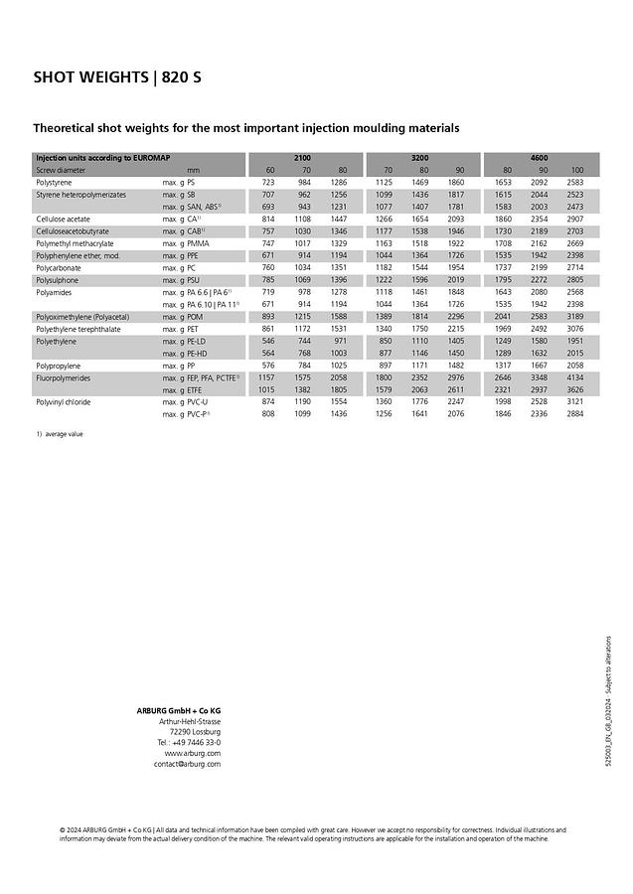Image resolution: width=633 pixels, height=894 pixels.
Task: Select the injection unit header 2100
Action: tap(302, 158)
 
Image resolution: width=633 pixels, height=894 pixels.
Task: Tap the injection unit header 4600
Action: tap(539, 158)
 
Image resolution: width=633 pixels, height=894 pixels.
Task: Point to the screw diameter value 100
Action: tap(576, 171)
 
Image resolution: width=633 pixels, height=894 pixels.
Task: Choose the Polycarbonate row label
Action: tap(59, 268)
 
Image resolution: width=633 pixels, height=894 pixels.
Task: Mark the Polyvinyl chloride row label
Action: tap(65, 401)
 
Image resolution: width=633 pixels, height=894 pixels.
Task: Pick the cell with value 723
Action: tap(268, 183)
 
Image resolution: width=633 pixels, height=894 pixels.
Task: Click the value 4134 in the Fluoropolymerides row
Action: tap(574, 377)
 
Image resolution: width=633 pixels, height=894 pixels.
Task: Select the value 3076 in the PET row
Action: tap(574, 329)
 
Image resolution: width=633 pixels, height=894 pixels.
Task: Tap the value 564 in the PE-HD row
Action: tap(268, 353)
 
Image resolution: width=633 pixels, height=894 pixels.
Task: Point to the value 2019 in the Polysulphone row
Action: tap(455, 280)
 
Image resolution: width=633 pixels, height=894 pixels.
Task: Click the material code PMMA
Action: tap(199, 243)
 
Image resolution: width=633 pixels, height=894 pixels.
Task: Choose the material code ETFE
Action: tap(197, 389)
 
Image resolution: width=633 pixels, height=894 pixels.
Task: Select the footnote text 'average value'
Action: tap(65, 434)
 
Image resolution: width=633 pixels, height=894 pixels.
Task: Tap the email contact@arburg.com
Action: tap(187, 764)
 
